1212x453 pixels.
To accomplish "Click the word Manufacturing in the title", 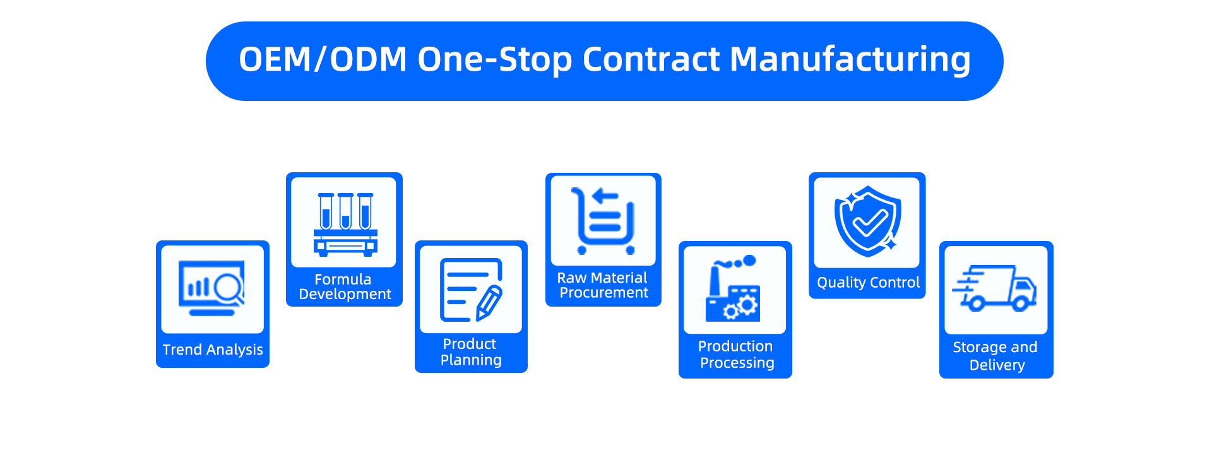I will [x=850, y=60].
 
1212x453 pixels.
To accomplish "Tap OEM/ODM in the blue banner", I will [x=323, y=60].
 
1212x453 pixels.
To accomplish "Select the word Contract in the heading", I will [x=650, y=60].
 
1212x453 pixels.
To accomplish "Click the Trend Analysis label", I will [x=213, y=350].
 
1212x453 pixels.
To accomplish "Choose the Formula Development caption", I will [x=345, y=287].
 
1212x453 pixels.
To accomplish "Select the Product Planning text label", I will [x=471, y=352].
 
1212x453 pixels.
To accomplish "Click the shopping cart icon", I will [x=603, y=221].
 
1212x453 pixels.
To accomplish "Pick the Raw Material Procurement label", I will [x=603, y=285].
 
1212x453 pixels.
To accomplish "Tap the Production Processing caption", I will [x=736, y=355].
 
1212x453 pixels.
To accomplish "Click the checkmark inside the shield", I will [x=869, y=221].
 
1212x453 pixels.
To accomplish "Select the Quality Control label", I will [x=868, y=283].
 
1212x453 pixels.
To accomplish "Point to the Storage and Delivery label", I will [x=995, y=356].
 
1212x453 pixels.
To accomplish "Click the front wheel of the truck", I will [x=1020, y=304].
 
